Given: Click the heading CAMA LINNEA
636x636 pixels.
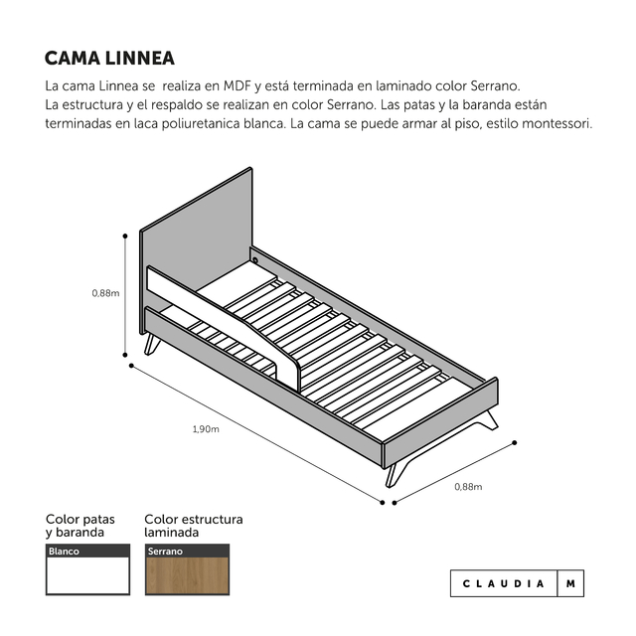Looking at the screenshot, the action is click(x=109, y=58).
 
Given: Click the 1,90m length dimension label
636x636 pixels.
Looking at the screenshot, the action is click(x=206, y=429).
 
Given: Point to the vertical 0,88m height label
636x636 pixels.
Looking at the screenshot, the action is click(x=105, y=293).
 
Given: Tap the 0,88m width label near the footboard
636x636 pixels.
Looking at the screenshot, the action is click(x=468, y=487).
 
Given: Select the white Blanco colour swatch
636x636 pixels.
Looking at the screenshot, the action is click(x=87, y=575).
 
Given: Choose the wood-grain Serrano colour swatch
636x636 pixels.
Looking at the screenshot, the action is click(x=188, y=576).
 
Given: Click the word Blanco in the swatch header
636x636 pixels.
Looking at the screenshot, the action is click(x=64, y=552).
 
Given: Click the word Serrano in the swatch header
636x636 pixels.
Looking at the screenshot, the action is click(x=165, y=552).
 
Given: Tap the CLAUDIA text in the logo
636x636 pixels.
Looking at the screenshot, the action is click(x=504, y=583).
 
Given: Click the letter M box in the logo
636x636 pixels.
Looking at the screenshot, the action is click(x=570, y=583).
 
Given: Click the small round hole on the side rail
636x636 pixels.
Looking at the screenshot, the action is click(x=255, y=260).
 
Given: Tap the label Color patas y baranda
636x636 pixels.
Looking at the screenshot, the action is click(x=80, y=526).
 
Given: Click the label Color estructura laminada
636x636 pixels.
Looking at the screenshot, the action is click(x=194, y=526).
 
